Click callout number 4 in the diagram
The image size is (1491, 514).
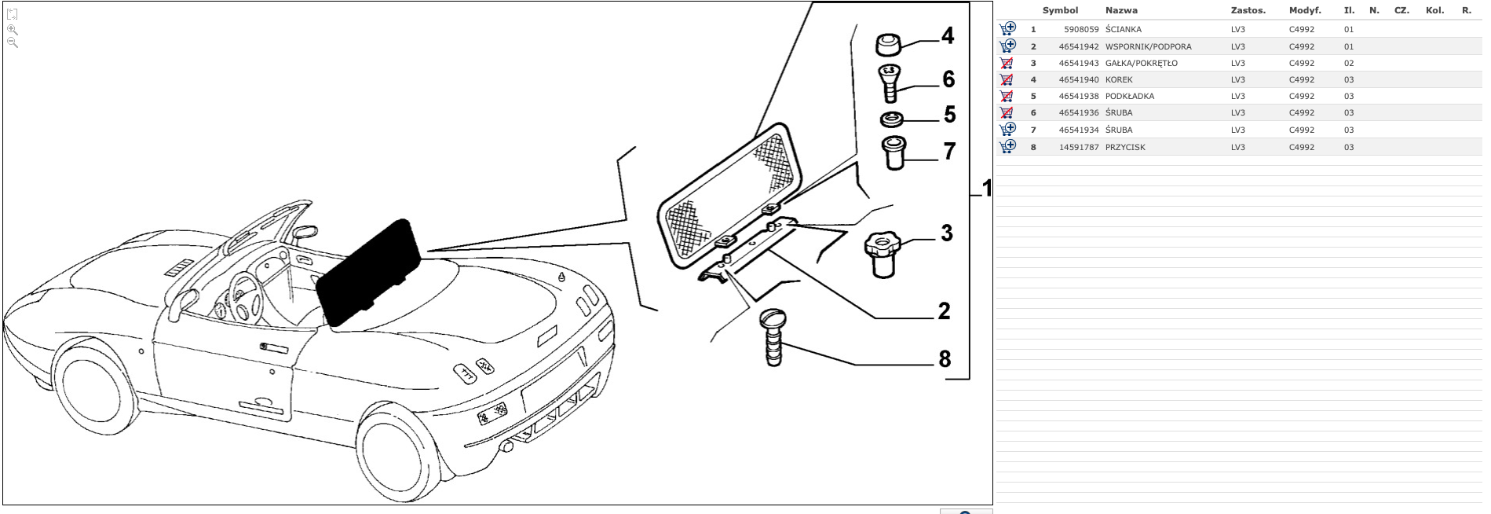coord(948,36)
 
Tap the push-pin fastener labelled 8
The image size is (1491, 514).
coord(773,337)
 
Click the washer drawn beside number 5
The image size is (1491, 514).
coord(890,119)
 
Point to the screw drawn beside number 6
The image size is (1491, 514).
coord(890,83)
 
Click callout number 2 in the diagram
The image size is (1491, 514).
coord(944,311)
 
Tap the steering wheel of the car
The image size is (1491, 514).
coord(239,294)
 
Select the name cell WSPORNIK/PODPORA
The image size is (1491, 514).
coord(1148,46)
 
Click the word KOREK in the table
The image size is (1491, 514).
coord(1119,80)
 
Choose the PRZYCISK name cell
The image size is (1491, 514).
coord(1125,148)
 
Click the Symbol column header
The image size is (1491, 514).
coord(1060,11)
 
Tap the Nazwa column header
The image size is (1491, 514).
coord(1121,11)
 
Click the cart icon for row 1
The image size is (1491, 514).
coord(1007,29)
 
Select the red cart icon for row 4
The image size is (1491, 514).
coord(1007,79)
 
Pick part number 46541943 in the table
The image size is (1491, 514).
coord(1078,64)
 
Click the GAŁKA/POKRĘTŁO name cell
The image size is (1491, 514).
coord(1141,64)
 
